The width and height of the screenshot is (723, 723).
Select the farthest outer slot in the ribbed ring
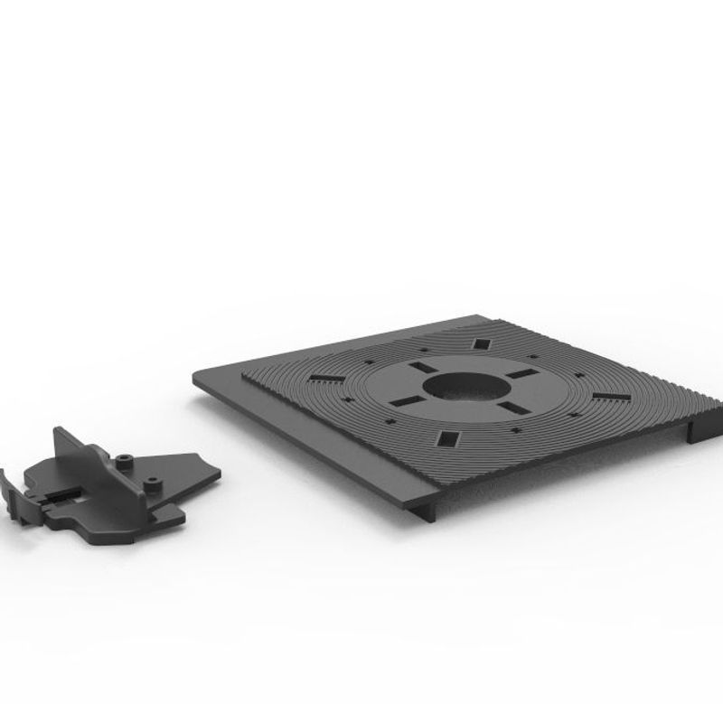point(482,343)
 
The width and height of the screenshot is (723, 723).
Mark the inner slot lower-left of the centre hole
point(405,400)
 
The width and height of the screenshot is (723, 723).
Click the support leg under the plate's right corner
point(693,429)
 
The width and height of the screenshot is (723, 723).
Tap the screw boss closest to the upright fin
point(126,463)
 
